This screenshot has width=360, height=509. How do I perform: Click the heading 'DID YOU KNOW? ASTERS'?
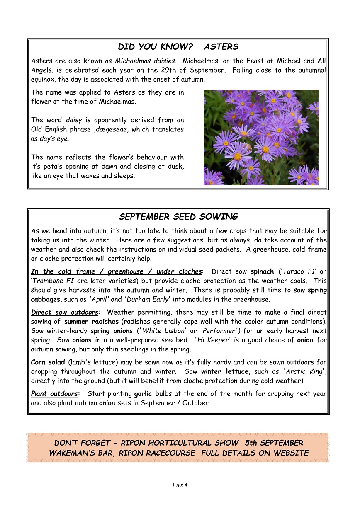(x=178, y=47)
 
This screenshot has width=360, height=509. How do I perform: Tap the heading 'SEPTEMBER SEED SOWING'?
(x=178, y=217)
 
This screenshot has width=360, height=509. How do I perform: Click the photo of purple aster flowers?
(x=261, y=137)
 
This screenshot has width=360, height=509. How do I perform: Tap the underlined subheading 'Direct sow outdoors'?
(x=65, y=312)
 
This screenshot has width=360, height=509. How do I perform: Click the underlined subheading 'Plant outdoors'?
(x=54, y=393)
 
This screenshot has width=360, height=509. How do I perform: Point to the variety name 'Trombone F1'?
(x=52, y=281)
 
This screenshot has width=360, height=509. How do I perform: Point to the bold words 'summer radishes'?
(x=91, y=322)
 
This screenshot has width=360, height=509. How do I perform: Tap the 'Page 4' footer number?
(x=180, y=485)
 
